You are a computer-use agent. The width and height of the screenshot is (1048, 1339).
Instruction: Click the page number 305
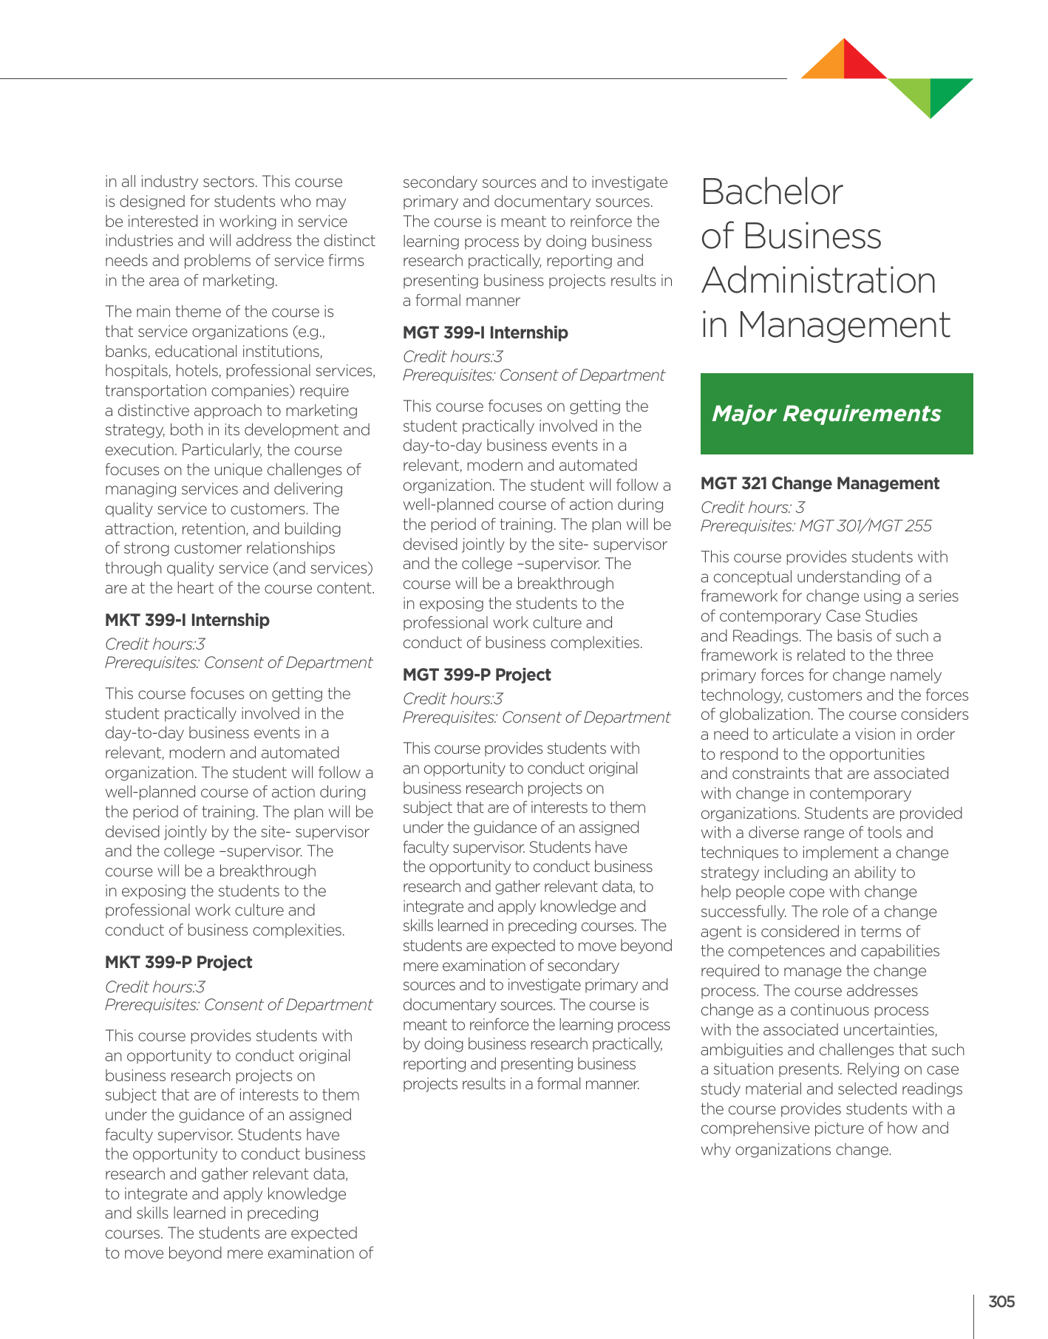click(1001, 1301)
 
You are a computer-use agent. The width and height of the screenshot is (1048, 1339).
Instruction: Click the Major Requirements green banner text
click(826, 414)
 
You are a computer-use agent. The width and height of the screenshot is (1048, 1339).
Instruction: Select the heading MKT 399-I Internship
click(187, 620)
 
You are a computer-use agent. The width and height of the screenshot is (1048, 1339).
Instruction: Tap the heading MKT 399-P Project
click(178, 962)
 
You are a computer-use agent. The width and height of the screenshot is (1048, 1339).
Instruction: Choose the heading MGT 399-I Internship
click(485, 333)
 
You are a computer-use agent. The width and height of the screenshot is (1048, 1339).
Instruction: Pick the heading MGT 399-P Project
click(477, 675)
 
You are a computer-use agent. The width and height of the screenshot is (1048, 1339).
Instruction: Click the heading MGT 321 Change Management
click(820, 483)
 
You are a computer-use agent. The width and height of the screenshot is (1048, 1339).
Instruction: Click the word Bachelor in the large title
click(772, 192)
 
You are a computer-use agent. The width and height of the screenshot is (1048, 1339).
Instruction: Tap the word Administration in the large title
click(818, 281)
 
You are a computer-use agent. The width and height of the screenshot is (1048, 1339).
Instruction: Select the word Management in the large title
click(844, 325)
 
